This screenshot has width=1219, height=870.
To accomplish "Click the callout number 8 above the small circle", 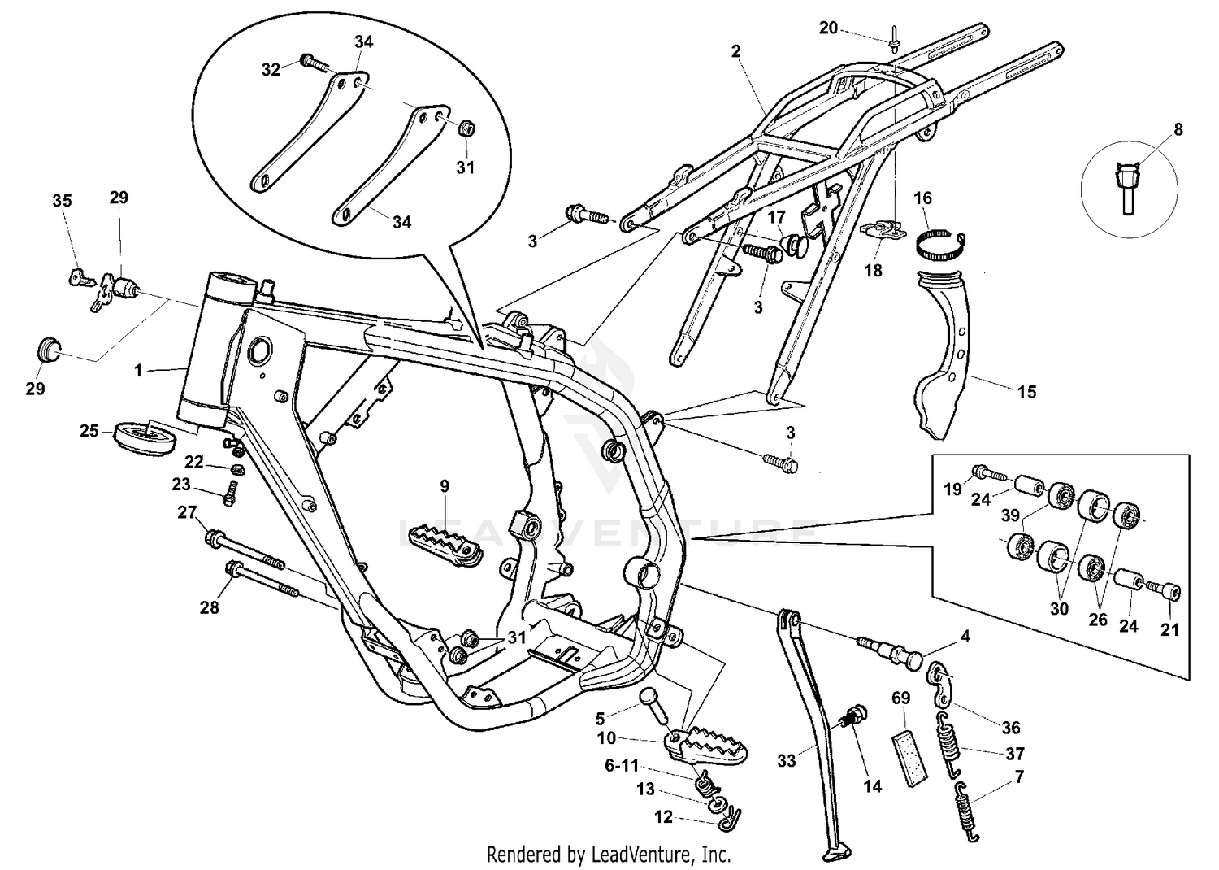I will [1178, 129].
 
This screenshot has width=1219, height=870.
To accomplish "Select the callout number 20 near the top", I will [828, 28].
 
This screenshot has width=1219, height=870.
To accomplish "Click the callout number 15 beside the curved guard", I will [1026, 392].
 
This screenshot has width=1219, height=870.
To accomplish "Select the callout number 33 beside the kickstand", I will [786, 761].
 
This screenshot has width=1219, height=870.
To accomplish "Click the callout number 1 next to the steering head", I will [138, 371].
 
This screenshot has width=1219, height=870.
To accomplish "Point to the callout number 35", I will [62, 201].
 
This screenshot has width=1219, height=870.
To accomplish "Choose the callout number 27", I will [187, 512].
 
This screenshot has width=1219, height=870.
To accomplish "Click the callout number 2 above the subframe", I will [735, 51].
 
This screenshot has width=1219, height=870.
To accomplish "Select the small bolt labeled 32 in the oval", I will [313, 61].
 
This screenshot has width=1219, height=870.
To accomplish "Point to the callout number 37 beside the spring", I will [1014, 754].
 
